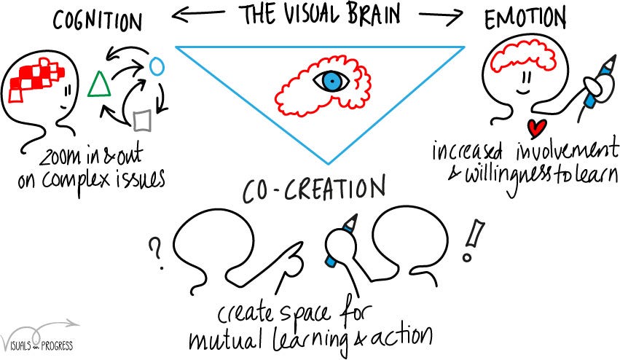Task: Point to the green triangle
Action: click(98, 85)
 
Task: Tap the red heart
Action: click(537, 128)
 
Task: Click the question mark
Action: click(154, 251)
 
